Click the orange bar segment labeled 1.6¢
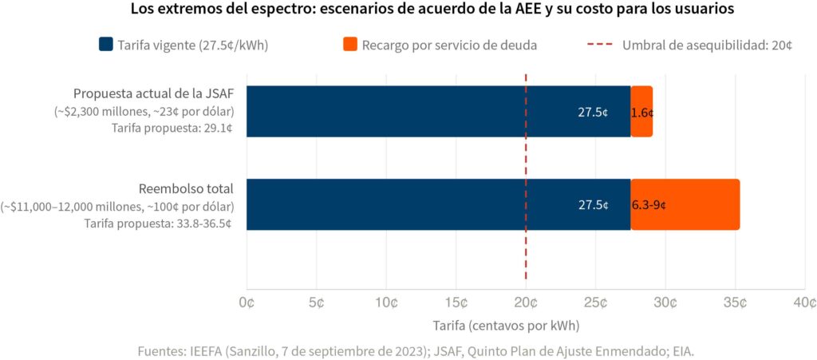coord(642,112)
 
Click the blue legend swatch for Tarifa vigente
coord(106,45)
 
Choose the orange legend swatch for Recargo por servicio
coord(349,45)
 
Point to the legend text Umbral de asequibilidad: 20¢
coord(707,45)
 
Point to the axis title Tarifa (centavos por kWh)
coord(506,326)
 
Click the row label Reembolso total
coord(186,189)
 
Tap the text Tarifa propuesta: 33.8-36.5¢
coord(158,223)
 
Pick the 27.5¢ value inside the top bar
coord(593,113)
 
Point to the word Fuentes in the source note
coord(162,350)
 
